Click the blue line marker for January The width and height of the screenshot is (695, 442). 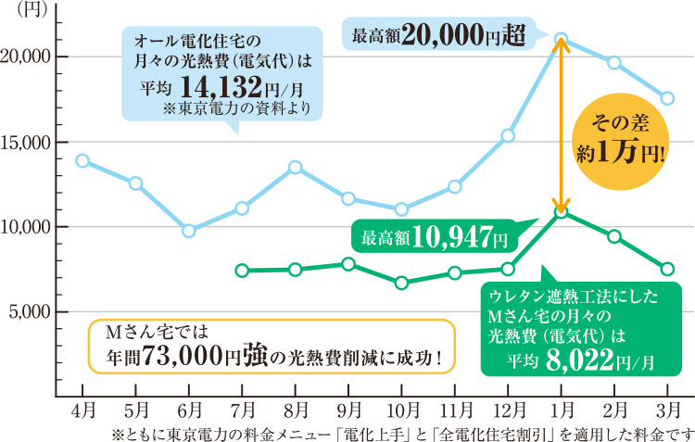[x=561, y=39]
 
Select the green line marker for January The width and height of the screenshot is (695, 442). [x=561, y=212]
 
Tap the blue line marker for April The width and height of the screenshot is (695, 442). [x=82, y=160]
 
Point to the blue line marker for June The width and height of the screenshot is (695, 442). [x=189, y=231]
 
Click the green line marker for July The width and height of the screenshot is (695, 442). [x=242, y=271]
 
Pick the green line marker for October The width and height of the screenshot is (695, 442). [x=401, y=283]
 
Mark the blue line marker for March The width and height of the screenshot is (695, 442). [x=667, y=98]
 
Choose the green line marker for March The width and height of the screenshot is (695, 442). [x=667, y=269]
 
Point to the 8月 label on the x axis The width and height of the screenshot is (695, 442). [x=296, y=408]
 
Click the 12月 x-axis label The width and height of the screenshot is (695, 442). [x=508, y=408]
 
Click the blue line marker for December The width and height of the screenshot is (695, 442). [x=508, y=135]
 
